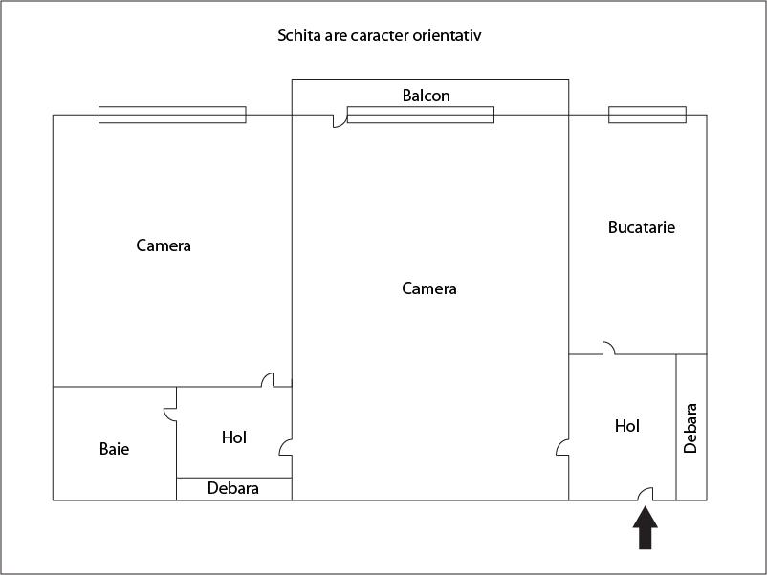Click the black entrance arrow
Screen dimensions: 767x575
point(646,528)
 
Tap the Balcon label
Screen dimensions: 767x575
point(426,96)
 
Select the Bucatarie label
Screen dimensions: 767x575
point(642,227)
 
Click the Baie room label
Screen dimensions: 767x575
point(115,449)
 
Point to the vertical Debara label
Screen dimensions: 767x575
point(690,429)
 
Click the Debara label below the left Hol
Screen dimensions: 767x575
point(232,488)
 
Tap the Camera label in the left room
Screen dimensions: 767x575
point(164,245)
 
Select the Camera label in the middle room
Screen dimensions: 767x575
point(429,288)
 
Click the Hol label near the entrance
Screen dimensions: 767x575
point(627,426)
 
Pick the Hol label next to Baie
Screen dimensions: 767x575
point(233,437)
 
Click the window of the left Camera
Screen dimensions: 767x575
point(172,115)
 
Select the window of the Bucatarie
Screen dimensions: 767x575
point(647,115)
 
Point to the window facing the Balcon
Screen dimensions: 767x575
point(421,115)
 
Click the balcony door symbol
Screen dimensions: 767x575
point(340,121)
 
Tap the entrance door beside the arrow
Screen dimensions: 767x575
point(646,494)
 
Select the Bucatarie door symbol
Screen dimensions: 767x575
point(609,349)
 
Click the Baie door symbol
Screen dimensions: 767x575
point(170,414)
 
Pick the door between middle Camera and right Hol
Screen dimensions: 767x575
point(562,448)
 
